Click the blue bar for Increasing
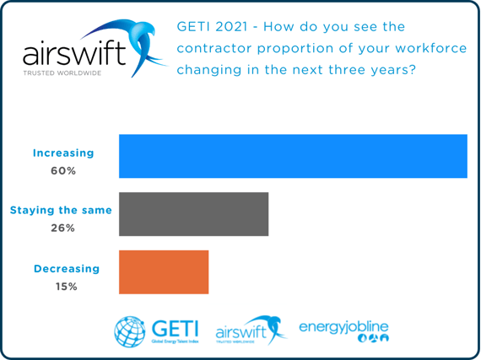[293, 156]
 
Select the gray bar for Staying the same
[193, 214]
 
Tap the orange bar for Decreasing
[164, 271]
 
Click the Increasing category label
[63, 153]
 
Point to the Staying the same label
[61, 210]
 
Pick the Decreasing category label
[67, 268]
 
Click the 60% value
[63, 170]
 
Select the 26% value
[63, 228]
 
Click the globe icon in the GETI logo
[129, 331]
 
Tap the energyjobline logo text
[344, 325]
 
